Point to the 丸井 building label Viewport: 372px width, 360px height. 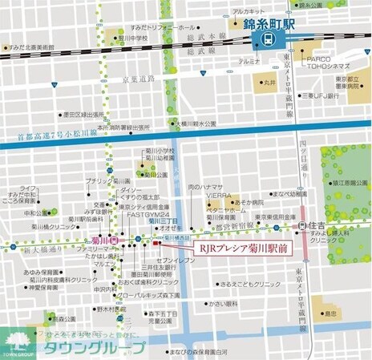[x=269, y=82]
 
